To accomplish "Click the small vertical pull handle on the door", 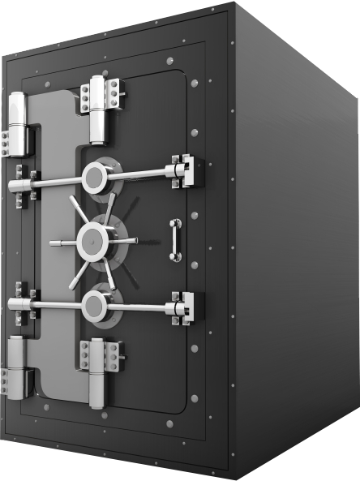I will [x=175, y=240].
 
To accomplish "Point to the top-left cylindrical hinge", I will [x=17, y=122].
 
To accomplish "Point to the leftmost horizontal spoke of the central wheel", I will [x=61, y=242].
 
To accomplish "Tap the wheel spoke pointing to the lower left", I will [x=75, y=274].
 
